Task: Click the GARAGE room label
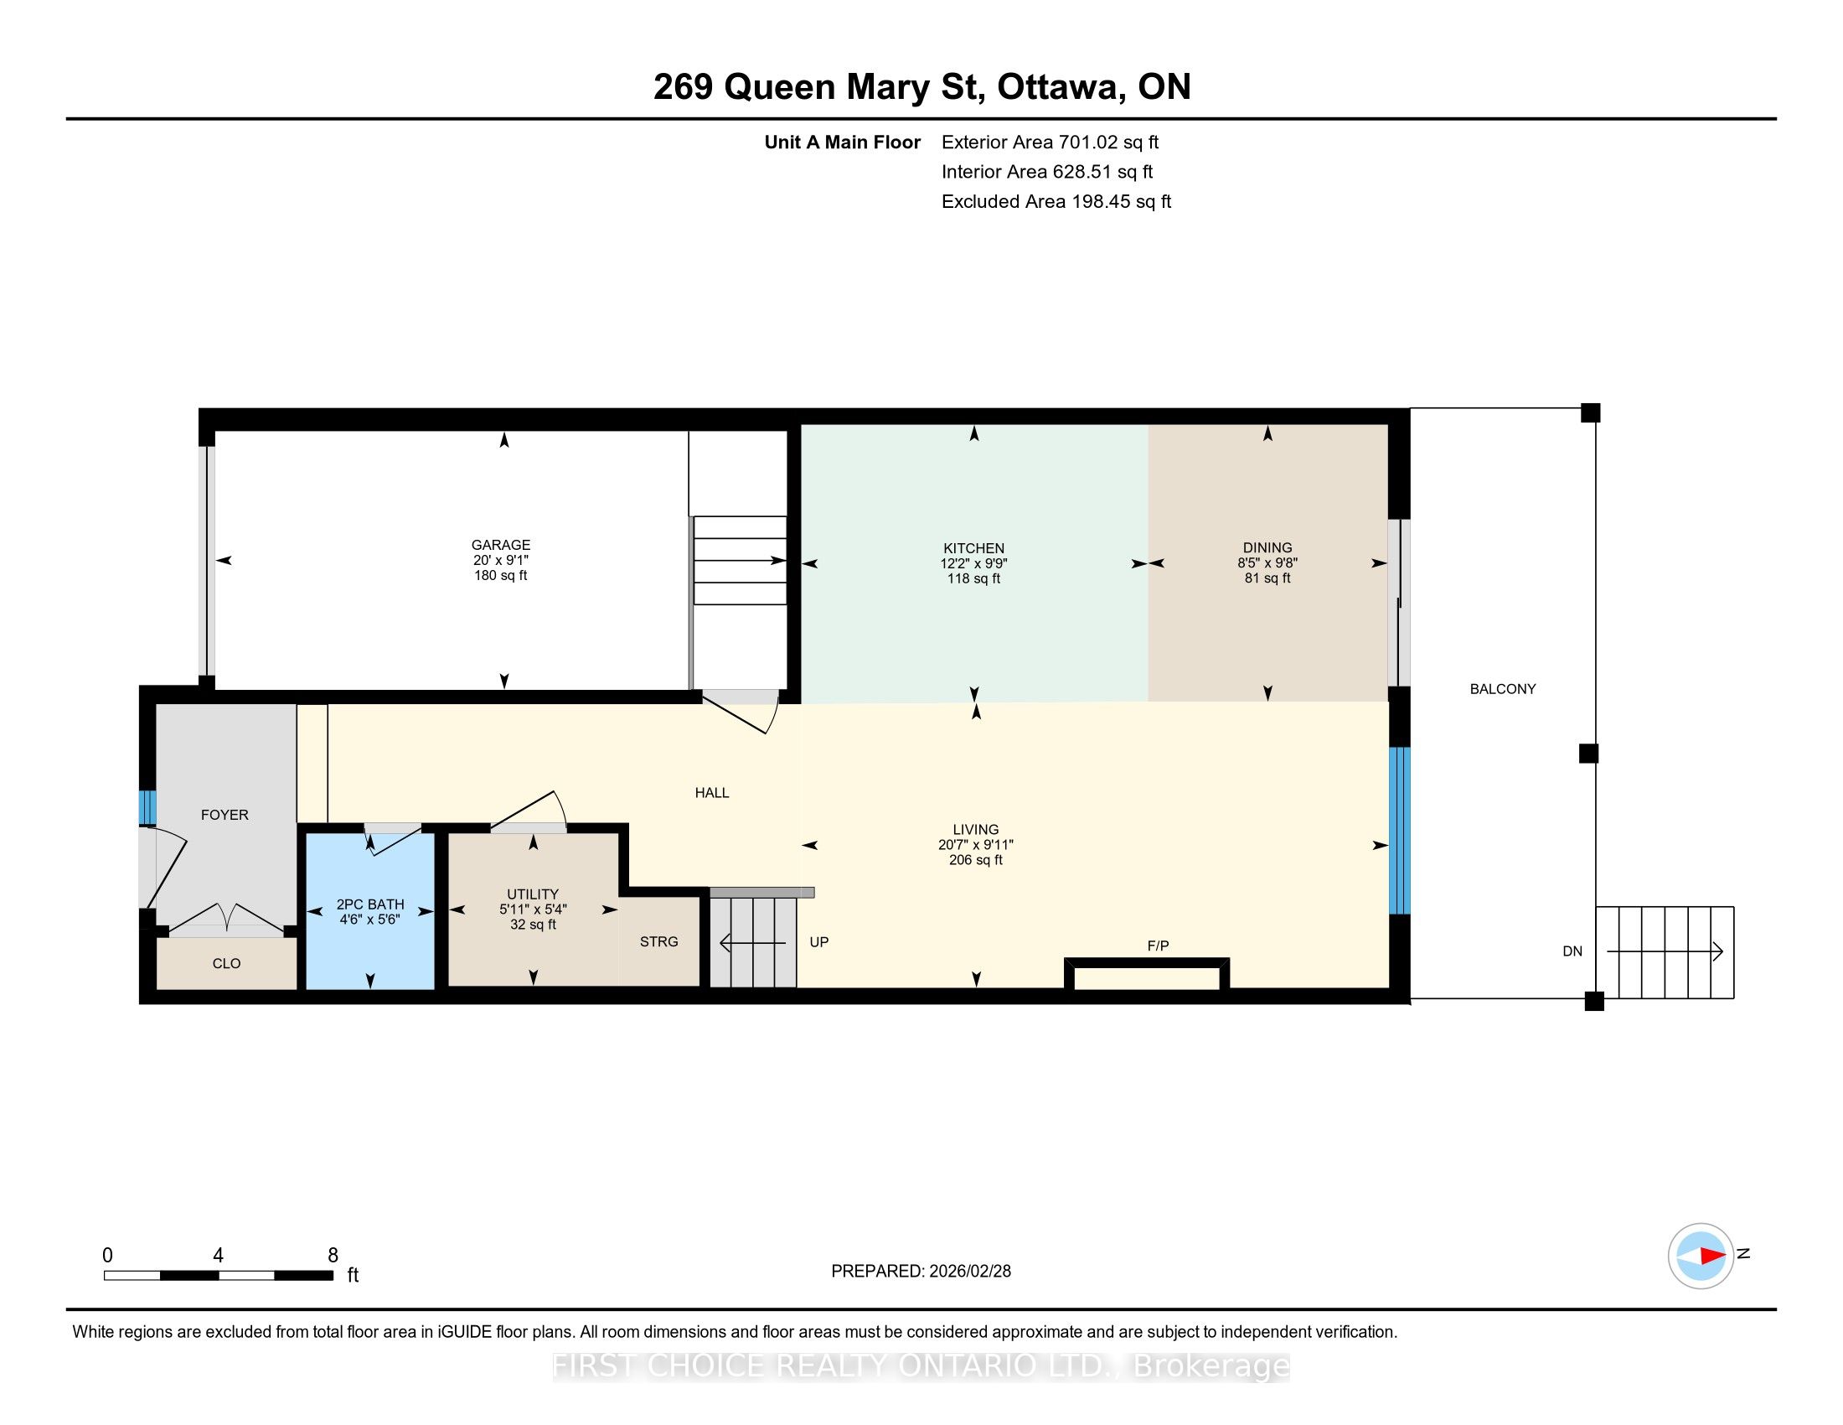(x=500, y=546)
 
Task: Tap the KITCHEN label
(x=973, y=549)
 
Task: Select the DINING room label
(x=1267, y=548)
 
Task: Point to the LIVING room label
(x=975, y=830)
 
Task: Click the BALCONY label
(x=1503, y=689)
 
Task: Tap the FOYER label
(x=225, y=815)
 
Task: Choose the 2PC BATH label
(x=370, y=904)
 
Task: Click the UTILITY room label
(x=533, y=894)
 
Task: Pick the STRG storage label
(x=659, y=941)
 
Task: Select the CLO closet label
(x=226, y=963)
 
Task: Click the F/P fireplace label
(x=1158, y=946)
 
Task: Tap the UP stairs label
(x=818, y=942)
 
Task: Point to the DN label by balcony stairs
(x=1572, y=951)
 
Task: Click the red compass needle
(x=1712, y=1257)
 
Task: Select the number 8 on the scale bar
(x=333, y=1256)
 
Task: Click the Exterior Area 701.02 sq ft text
(x=1050, y=142)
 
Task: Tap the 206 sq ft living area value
(x=975, y=860)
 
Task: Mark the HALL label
(x=711, y=793)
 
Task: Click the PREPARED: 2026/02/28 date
(x=921, y=1272)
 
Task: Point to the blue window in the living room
(x=1399, y=831)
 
